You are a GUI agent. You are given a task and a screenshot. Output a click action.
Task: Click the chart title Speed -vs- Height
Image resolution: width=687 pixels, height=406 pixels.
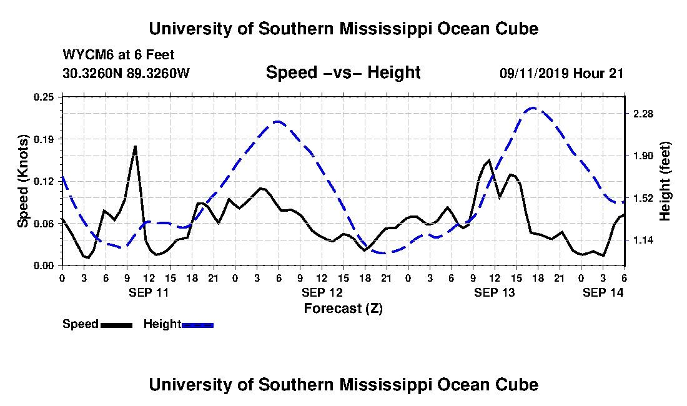click(343, 72)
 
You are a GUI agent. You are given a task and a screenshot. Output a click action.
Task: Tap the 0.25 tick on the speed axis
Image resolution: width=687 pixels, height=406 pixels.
click(44, 97)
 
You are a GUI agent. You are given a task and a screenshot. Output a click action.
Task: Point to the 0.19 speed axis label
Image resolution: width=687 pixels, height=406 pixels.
click(44, 139)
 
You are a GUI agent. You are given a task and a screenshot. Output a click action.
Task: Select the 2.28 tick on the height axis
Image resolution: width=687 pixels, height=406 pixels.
click(643, 114)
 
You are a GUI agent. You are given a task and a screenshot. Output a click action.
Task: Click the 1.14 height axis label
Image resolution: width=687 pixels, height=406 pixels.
click(643, 240)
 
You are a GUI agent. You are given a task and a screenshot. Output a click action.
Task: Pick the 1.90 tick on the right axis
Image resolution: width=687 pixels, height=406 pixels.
click(643, 156)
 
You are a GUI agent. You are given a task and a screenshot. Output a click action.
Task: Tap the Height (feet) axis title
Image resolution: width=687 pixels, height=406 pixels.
click(665, 181)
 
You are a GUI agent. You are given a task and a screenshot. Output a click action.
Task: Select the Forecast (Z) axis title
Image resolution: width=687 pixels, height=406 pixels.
click(343, 309)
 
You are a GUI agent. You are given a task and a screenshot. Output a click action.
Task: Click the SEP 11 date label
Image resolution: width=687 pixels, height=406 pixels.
click(149, 292)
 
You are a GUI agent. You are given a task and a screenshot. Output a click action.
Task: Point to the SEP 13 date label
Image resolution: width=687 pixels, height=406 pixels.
click(494, 292)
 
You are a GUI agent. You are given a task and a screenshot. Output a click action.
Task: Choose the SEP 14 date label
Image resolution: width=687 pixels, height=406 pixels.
click(603, 292)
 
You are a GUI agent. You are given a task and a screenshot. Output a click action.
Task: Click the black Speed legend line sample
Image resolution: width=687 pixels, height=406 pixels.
click(116, 325)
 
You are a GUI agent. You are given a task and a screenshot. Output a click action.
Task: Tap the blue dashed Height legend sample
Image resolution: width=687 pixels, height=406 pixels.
click(197, 325)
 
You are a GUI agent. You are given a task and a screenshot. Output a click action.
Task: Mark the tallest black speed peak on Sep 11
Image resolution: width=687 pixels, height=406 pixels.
click(136, 146)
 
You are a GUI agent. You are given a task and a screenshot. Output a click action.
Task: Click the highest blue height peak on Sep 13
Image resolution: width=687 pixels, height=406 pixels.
click(533, 107)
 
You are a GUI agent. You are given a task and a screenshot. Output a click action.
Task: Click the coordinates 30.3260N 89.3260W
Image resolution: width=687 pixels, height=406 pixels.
click(126, 72)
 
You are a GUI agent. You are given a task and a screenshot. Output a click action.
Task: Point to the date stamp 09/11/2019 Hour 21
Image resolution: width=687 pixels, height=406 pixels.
click(561, 73)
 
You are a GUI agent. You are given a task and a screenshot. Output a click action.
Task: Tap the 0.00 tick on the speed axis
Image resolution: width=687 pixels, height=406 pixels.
click(44, 266)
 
